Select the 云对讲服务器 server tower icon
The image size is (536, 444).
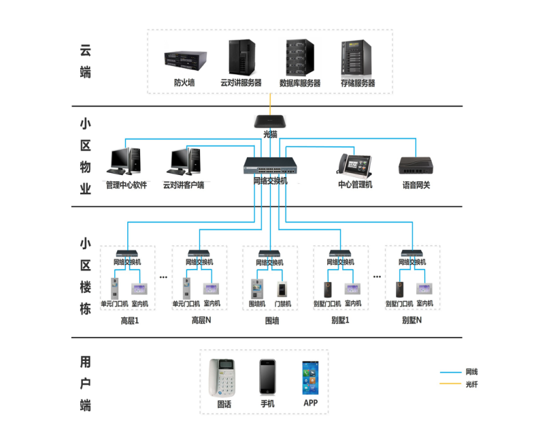pyautogui.click(x=241, y=58)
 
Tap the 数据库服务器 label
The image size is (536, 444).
pyautogui.click(x=300, y=83)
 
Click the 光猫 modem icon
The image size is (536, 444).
pyautogui.click(x=270, y=121)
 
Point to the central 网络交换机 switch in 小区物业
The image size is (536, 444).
pyautogui.click(x=270, y=166)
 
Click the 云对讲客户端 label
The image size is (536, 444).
pyautogui.click(x=183, y=185)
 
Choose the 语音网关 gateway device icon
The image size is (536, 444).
pyautogui.click(x=416, y=166)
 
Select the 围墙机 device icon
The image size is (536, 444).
pyautogui.click(x=257, y=289)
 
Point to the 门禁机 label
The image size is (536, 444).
pyautogui.click(x=283, y=304)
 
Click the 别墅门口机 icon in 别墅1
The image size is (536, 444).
pyautogui.click(x=327, y=289)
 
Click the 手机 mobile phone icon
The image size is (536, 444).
pyautogui.click(x=267, y=377)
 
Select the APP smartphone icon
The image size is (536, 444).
pyautogui.click(x=310, y=377)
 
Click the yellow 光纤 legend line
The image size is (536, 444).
pyautogui.click(x=450, y=385)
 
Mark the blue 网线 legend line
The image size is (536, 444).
pyautogui.click(x=450, y=372)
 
